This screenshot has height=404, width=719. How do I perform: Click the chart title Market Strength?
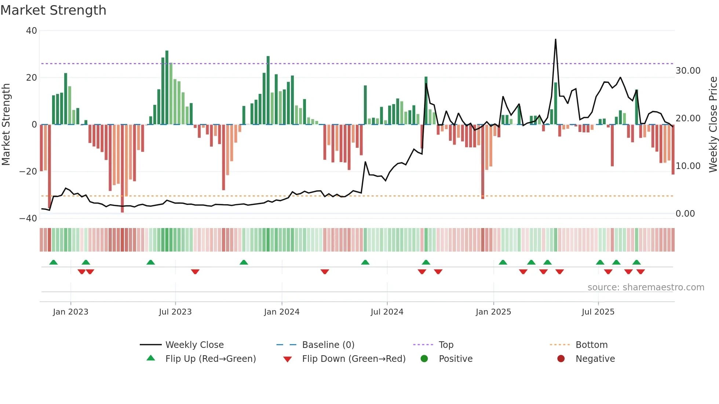[53, 10]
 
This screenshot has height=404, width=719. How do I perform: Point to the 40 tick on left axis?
[32, 31]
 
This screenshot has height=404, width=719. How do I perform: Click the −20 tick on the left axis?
[28, 172]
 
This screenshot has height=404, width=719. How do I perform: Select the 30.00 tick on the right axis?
[688, 71]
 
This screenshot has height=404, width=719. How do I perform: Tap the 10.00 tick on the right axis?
[688, 166]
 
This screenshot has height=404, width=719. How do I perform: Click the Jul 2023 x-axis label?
[175, 312]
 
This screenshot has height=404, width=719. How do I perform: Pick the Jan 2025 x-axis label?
[493, 312]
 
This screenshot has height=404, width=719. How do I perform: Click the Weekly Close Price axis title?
[713, 124]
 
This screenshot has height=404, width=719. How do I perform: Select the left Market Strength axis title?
[6, 124]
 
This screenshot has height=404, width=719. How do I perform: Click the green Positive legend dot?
[424, 359]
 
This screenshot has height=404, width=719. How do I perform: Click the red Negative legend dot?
[561, 359]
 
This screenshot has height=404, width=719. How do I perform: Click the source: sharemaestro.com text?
[646, 287]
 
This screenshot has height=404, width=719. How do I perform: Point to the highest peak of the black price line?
[555, 40]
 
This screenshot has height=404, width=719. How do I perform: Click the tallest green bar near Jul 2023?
[167, 88]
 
